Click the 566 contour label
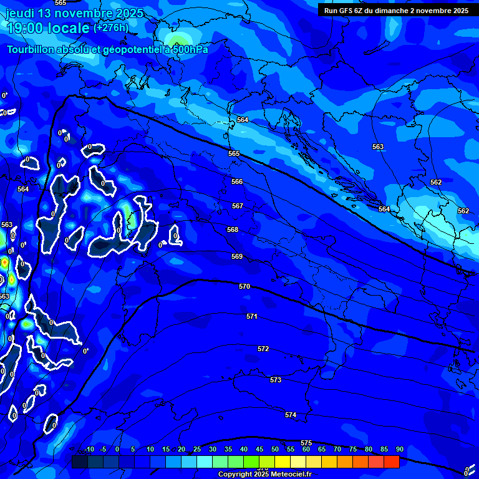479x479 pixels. click(237, 181)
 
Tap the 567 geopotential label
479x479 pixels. click(238, 206)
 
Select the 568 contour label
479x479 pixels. click(233, 230)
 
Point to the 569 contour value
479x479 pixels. click(237, 256)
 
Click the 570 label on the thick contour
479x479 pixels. click(244, 286)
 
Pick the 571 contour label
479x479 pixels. click(252, 316)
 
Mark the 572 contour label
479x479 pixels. click(263, 349)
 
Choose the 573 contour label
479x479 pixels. click(276, 380)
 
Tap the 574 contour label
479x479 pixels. click(291, 415)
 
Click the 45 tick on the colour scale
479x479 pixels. click(259, 450)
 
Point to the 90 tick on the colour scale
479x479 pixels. click(399, 450)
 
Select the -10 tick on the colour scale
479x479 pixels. click(89, 450)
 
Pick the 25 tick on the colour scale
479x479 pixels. click(196, 450)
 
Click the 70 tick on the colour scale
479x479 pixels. click(337, 450)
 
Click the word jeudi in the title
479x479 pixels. click(21, 13)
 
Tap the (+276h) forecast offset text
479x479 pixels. click(110, 27)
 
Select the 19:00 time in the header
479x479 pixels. click(26, 28)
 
